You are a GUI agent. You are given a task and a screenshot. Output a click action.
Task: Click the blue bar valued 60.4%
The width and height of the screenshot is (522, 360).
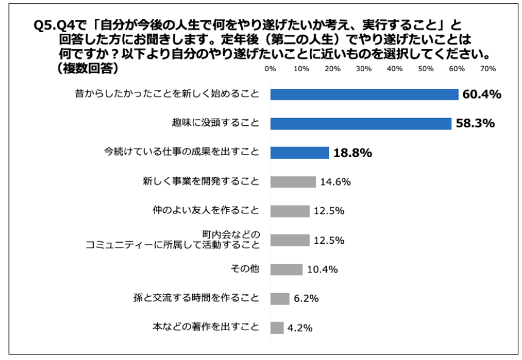click(364, 94)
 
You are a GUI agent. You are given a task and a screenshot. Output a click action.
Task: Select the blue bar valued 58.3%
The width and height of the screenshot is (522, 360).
click(360, 123)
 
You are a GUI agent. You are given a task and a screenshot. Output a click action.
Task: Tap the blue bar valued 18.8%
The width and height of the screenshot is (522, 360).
click(299, 153)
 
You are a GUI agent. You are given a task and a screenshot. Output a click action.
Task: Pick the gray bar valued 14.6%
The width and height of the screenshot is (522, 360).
click(293, 182)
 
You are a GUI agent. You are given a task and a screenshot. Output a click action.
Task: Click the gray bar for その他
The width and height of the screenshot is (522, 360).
click(286, 269)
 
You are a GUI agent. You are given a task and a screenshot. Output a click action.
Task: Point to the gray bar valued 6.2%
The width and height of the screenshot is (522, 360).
click(280, 299)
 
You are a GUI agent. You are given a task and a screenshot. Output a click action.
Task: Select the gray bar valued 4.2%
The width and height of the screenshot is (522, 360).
click(277, 328)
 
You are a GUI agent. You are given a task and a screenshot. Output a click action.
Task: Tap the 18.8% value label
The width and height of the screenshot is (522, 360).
click(352, 153)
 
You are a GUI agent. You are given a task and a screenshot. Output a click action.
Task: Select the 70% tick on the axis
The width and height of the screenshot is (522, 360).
click(487, 69)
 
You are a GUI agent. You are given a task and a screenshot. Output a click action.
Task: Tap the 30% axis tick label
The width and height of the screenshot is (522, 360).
click(363, 69)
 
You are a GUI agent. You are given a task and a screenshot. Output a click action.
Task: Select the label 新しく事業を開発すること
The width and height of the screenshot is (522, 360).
click(201, 182)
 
